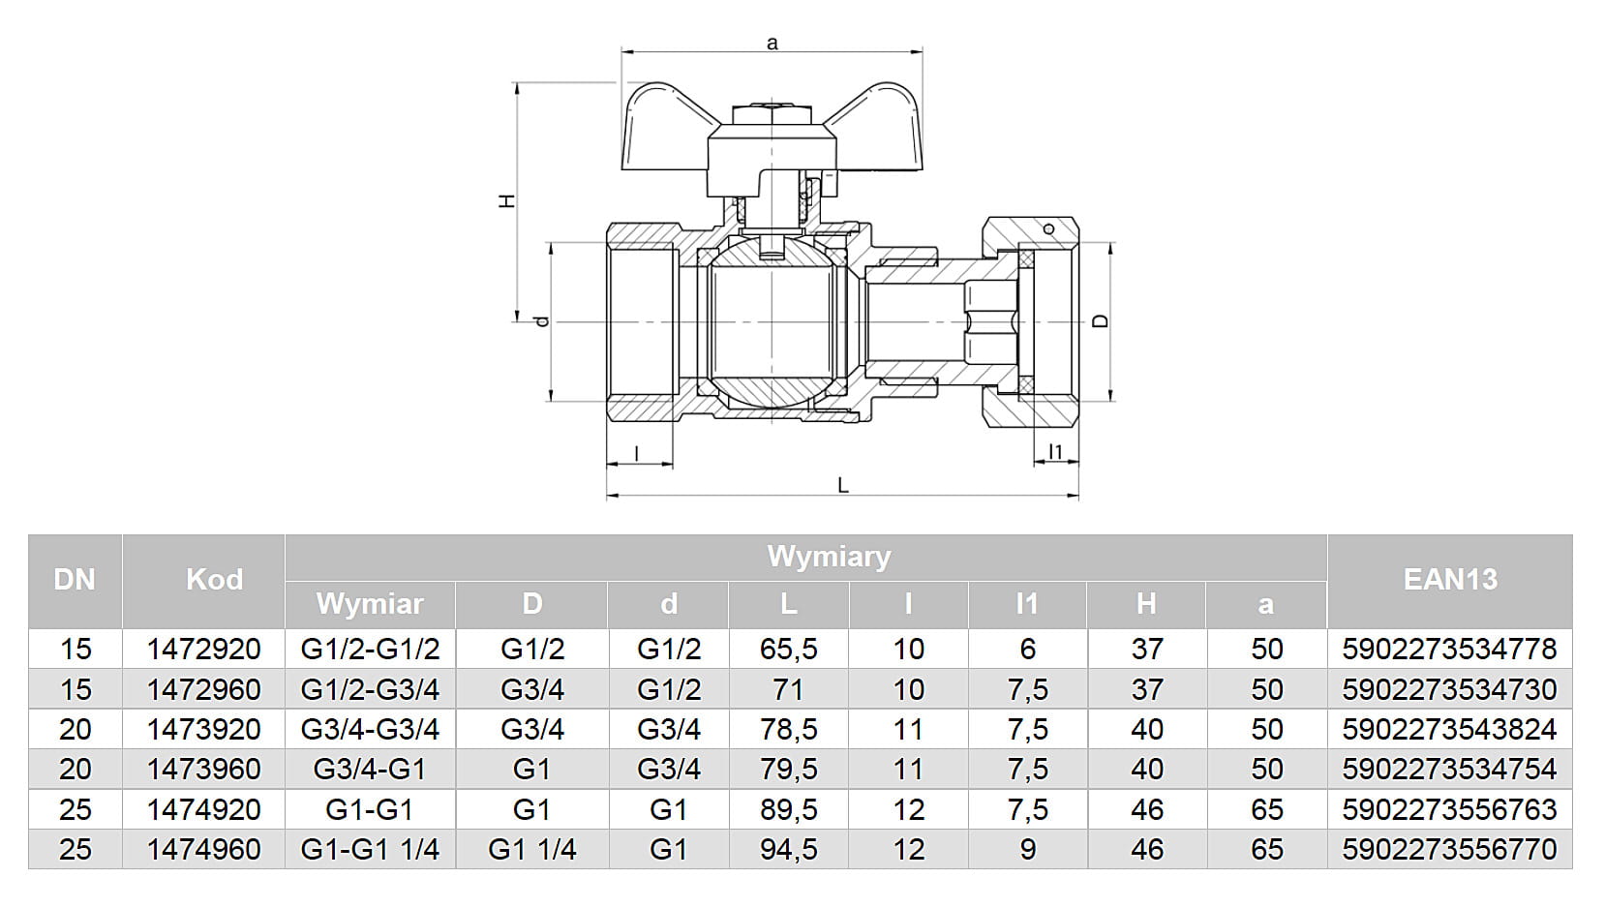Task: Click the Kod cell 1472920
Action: tap(203, 649)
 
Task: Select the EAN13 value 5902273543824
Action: tap(1449, 729)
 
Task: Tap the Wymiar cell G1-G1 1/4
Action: tap(370, 849)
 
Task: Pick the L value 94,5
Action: tap(788, 849)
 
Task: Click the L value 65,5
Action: tap(788, 649)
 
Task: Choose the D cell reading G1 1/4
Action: tap(531, 849)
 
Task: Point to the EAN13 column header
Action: tap(1449, 580)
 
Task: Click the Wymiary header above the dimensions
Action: tap(829, 557)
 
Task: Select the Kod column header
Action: tap(214, 580)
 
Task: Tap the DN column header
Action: tap(75, 580)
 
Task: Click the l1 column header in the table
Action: tap(1027, 604)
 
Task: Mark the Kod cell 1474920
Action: tap(203, 809)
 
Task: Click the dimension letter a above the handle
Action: tap(772, 44)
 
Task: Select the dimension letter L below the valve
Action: tap(843, 486)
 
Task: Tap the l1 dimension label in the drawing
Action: tap(1055, 452)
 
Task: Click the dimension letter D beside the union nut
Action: tap(1100, 321)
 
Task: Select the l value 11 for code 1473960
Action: tap(908, 770)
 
